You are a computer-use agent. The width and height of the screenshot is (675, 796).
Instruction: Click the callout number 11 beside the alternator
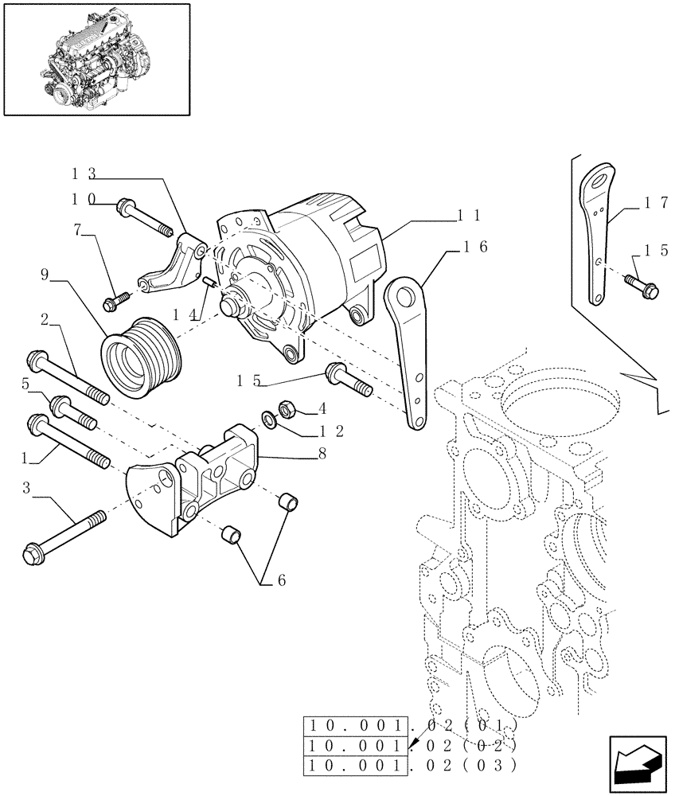(x=470, y=215)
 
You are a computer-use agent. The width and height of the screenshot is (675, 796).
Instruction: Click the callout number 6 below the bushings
(x=277, y=582)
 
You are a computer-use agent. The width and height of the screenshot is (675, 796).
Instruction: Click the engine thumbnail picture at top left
(x=97, y=58)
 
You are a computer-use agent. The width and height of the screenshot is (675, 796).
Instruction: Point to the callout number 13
(x=84, y=174)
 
